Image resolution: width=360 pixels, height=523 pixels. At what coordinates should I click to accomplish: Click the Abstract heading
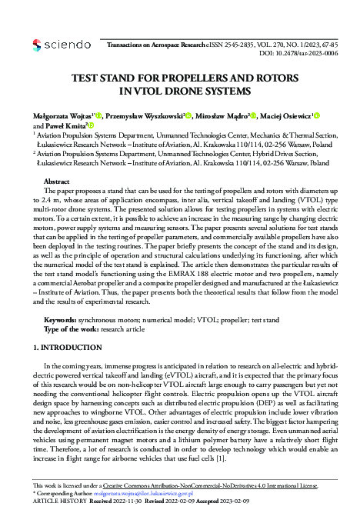[x=58, y=180]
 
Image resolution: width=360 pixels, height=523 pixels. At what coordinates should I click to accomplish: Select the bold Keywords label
[x=61, y=318]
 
